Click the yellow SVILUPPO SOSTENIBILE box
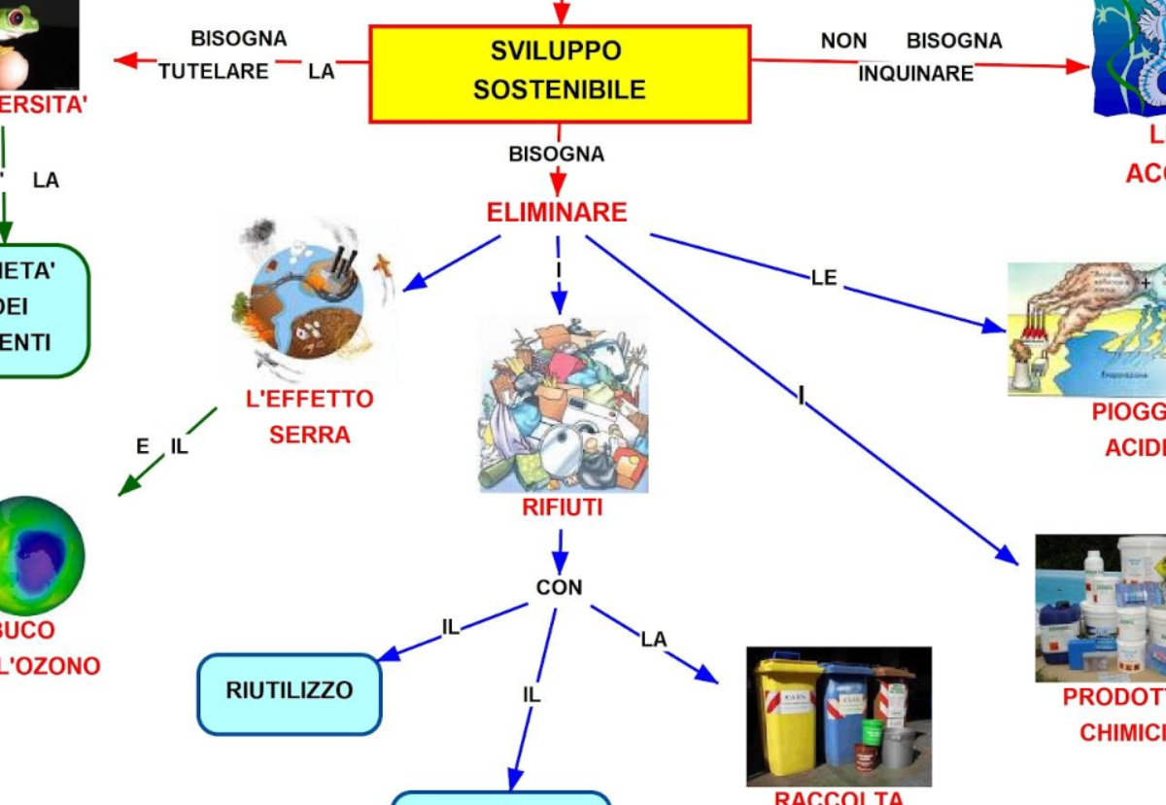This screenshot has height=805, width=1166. point(559,73)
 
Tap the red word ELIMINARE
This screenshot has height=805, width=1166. point(557,212)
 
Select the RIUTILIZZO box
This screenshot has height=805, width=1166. point(289,692)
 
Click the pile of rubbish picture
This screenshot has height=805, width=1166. point(563,403)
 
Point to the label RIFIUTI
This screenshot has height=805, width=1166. point(562,507)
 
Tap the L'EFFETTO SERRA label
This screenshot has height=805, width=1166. point(309,416)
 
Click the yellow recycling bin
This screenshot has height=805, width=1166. point(788,715)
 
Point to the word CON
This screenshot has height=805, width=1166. point(559,587)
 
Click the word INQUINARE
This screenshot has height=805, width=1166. point(915,74)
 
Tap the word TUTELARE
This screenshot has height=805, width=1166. point(214,71)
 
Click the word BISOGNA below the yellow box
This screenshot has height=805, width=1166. point(556,154)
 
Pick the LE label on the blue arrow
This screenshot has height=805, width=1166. point(823,278)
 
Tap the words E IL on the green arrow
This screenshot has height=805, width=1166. point(161,447)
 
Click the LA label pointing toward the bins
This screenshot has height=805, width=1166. point(653,639)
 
